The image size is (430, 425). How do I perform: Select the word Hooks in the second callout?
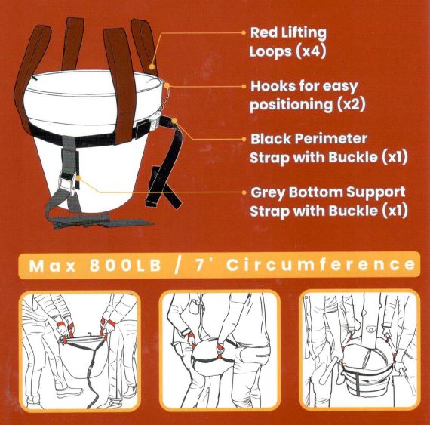coord(273,86)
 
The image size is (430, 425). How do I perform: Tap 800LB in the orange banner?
coord(125,265)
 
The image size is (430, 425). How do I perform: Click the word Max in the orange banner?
coord(52,266)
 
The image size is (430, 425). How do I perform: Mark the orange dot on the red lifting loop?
coord(152,66)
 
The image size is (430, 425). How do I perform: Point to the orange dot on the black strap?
coord(174,121)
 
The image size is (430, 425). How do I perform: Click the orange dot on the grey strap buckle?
coord(78,179)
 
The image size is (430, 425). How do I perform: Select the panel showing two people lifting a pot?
coord(79,351)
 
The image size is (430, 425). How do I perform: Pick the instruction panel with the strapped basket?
coord(359,350)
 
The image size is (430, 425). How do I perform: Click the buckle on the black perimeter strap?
coord(154,122)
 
